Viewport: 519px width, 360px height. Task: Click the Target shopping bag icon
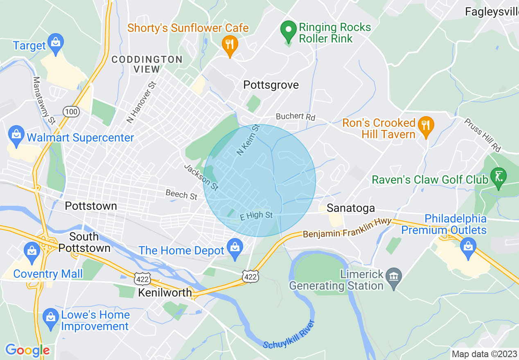[x=55, y=42]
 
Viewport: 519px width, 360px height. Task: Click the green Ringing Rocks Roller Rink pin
[x=289, y=31]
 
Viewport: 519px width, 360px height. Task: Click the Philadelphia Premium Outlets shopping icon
[x=467, y=247]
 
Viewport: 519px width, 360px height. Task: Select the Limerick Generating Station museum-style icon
[x=393, y=277]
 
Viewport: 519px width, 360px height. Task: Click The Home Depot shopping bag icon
[x=235, y=248]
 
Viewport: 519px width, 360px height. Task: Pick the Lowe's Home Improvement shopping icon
[x=51, y=318]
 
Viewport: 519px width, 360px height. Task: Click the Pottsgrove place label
[x=271, y=85]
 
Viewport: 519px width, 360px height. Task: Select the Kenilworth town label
[x=165, y=292]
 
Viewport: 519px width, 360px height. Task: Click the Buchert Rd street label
[x=295, y=117]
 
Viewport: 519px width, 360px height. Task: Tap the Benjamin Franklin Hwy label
[x=347, y=229]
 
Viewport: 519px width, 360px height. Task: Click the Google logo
[x=27, y=350]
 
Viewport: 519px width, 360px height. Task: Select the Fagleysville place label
[x=492, y=12]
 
